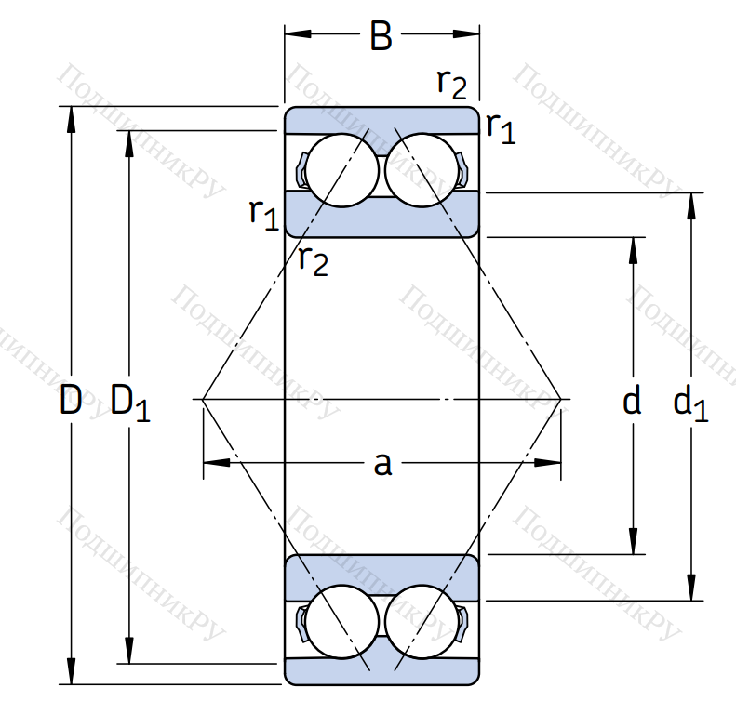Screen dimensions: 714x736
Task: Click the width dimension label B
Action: (381, 36)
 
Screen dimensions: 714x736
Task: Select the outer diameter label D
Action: (71, 401)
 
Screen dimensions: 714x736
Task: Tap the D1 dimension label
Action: (129, 403)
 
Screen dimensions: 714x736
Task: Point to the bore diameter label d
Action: (632, 402)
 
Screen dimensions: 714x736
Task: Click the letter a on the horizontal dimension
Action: (381, 462)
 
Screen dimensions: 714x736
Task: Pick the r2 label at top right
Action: (451, 84)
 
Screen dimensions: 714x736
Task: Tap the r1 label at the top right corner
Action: (500, 127)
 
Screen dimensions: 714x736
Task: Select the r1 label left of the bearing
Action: (263, 213)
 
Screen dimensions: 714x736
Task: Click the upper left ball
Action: (343, 169)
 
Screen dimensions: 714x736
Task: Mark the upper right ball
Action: (420, 169)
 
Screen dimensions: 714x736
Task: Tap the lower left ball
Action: (343, 621)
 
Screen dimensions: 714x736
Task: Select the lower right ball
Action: (420, 621)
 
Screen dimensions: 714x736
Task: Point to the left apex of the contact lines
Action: (203, 400)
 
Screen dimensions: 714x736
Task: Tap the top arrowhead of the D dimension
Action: (71, 115)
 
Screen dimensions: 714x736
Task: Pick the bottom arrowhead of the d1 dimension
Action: (690, 591)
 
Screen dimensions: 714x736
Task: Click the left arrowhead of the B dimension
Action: (294, 35)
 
